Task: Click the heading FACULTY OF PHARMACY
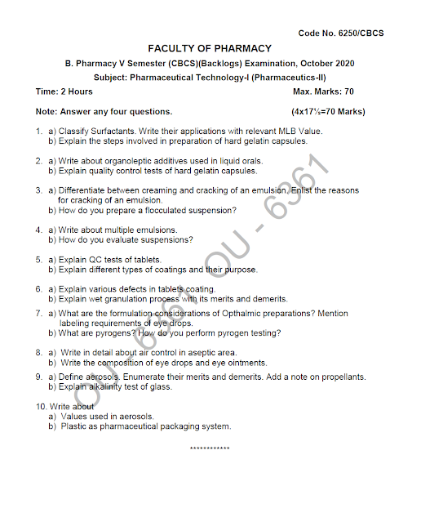[x=210, y=48]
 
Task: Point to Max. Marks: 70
[x=323, y=92]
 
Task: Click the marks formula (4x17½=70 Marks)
[x=328, y=111]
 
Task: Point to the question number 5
[x=38, y=260]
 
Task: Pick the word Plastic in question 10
[x=74, y=426]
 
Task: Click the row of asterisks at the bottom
[x=210, y=448]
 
